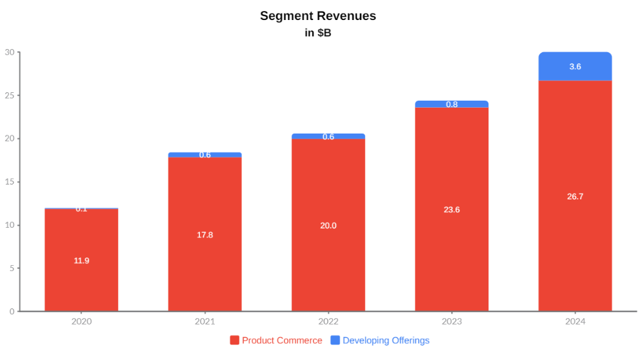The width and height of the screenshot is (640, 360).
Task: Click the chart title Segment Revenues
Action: pyautogui.click(x=318, y=16)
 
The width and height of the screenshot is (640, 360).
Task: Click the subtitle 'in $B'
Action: pyautogui.click(x=318, y=33)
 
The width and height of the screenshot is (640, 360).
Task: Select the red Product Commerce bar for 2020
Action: pyautogui.click(x=81, y=284)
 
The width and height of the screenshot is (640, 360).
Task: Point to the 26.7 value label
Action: pyautogui.click(x=575, y=197)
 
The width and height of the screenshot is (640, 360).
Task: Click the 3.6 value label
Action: pyautogui.click(x=575, y=66)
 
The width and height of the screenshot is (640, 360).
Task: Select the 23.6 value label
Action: pyautogui.click(x=452, y=210)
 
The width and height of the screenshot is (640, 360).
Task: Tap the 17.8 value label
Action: pyautogui.click(x=205, y=235)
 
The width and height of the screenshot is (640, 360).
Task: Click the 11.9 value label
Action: pyautogui.click(x=81, y=261)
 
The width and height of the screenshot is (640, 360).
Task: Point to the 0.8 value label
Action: pyautogui.click(x=452, y=105)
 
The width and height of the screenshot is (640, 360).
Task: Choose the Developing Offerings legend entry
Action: pyautogui.click(x=386, y=341)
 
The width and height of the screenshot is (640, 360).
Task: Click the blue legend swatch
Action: pyautogui.click(x=335, y=341)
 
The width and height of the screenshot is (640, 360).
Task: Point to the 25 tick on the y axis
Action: pyautogui.click(x=10, y=95)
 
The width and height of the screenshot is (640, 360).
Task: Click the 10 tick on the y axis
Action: pyautogui.click(x=10, y=225)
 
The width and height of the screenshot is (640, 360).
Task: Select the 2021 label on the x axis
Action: pyautogui.click(x=205, y=321)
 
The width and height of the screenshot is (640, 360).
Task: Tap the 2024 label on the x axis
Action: pyautogui.click(x=575, y=321)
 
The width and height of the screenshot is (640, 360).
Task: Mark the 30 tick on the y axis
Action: pyautogui.click(x=10, y=52)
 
